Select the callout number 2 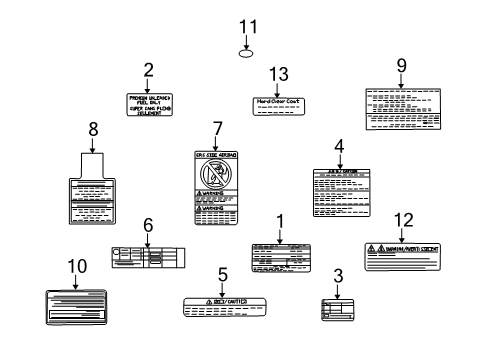click(x=148, y=70)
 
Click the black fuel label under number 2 click(x=148, y=104)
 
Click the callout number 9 click(x=401, y=66)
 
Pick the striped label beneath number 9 click(x=400, y=107)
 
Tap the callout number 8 click(x=93, y=128)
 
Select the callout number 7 click(x=217, y=128)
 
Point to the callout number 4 click(x=339, y=146)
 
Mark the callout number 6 click(x=147, y=225)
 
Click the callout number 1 click(x=280, y=220)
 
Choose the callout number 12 click(x=403, y=220)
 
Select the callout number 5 click(x=223, y=272)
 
